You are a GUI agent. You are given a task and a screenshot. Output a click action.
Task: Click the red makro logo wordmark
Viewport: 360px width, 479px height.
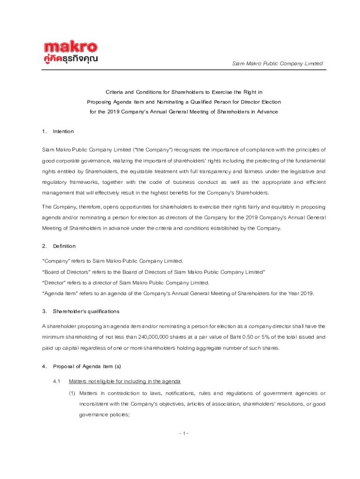point(71,48)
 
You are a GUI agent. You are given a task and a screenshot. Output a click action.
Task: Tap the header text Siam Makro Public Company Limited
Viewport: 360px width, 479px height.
point(278,64)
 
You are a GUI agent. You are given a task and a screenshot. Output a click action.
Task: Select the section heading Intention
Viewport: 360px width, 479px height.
point(63,131)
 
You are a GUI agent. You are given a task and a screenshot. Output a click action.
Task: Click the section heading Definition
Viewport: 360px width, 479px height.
point(64,246)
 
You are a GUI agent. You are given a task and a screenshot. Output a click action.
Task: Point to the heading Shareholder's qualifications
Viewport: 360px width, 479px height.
point(86,311)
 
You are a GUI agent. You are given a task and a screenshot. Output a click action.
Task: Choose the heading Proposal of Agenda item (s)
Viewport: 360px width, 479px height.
point(87,366)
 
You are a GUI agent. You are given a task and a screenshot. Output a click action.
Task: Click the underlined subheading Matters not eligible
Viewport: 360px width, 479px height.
point(124,381)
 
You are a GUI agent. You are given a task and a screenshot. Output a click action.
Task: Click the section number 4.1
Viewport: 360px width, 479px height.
point(57,381)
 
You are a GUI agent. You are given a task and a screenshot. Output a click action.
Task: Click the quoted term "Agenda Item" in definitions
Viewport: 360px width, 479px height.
point(58,293)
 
